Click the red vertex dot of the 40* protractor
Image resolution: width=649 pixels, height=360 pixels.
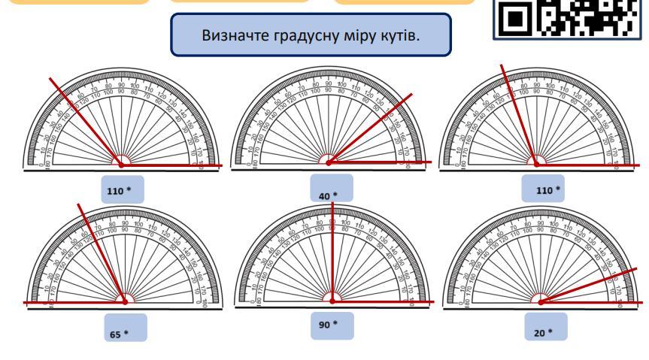(327, 162)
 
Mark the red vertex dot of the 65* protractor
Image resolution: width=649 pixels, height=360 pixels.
(124, 301)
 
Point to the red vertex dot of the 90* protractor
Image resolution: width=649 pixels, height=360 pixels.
(332, 300)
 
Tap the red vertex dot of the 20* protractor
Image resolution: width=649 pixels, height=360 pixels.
(541, 301)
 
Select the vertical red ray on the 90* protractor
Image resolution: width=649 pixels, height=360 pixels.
(332, 248)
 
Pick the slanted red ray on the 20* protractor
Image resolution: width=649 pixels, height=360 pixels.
(594, 283)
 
